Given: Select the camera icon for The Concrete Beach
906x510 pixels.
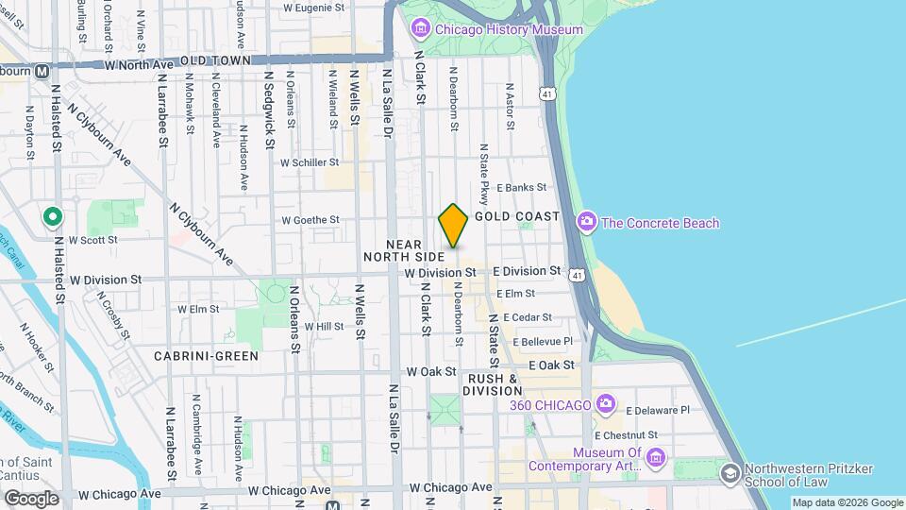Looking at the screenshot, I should coord(587,223).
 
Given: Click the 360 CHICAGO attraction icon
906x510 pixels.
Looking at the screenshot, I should coord(604,404).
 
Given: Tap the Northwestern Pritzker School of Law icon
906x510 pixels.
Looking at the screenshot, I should coord(730,472).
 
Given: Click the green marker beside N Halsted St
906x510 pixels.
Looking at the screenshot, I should coord(52,219).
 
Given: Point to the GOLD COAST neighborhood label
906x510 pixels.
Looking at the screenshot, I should coord(517,216).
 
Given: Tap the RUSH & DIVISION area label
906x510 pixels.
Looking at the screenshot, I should coord(493,384).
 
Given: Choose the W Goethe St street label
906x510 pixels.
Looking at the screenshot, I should coord(310,220).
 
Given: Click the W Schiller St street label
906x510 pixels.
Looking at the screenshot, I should coord(310,161).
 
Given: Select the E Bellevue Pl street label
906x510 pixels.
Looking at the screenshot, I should coord(543,341).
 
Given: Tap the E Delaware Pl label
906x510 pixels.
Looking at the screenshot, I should coord(658,410).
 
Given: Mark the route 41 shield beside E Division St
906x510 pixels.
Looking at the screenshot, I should coord(577,273).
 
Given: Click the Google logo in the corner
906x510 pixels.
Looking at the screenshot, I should coord(31,498).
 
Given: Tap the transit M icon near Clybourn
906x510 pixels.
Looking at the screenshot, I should coord(42,71).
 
